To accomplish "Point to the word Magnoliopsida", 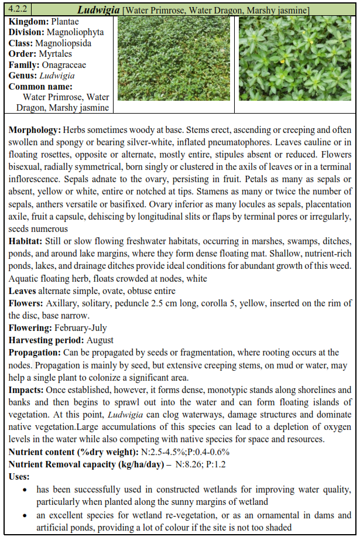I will (x=63, y=43).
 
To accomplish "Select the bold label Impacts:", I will (x=26, y=389).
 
